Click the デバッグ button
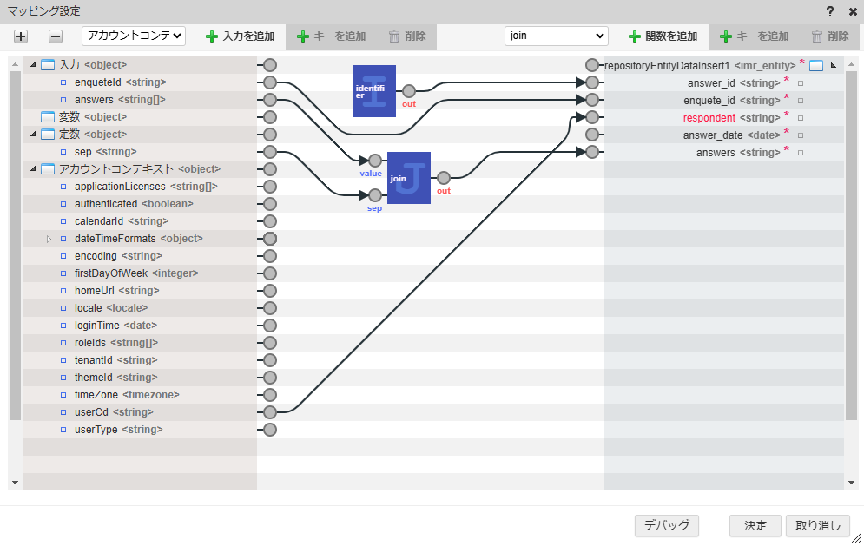coord(667,525)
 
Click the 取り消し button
coord(817,525)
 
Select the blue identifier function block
coord(374,90)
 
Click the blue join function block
coord(408,177)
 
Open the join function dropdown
coord(556,36)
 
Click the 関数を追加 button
coord(663,36)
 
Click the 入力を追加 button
coord(240,36)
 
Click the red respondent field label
coord(709,117)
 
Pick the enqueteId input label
coord(97,82)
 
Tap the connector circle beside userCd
coord(270,412)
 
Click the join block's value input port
coord(375,161)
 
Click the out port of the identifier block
coord(408,90)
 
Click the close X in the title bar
coord(853,11)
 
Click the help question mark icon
coord(830,11)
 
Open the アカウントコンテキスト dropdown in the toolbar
coord(134,36)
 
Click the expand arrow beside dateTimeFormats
coord(49,239)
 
